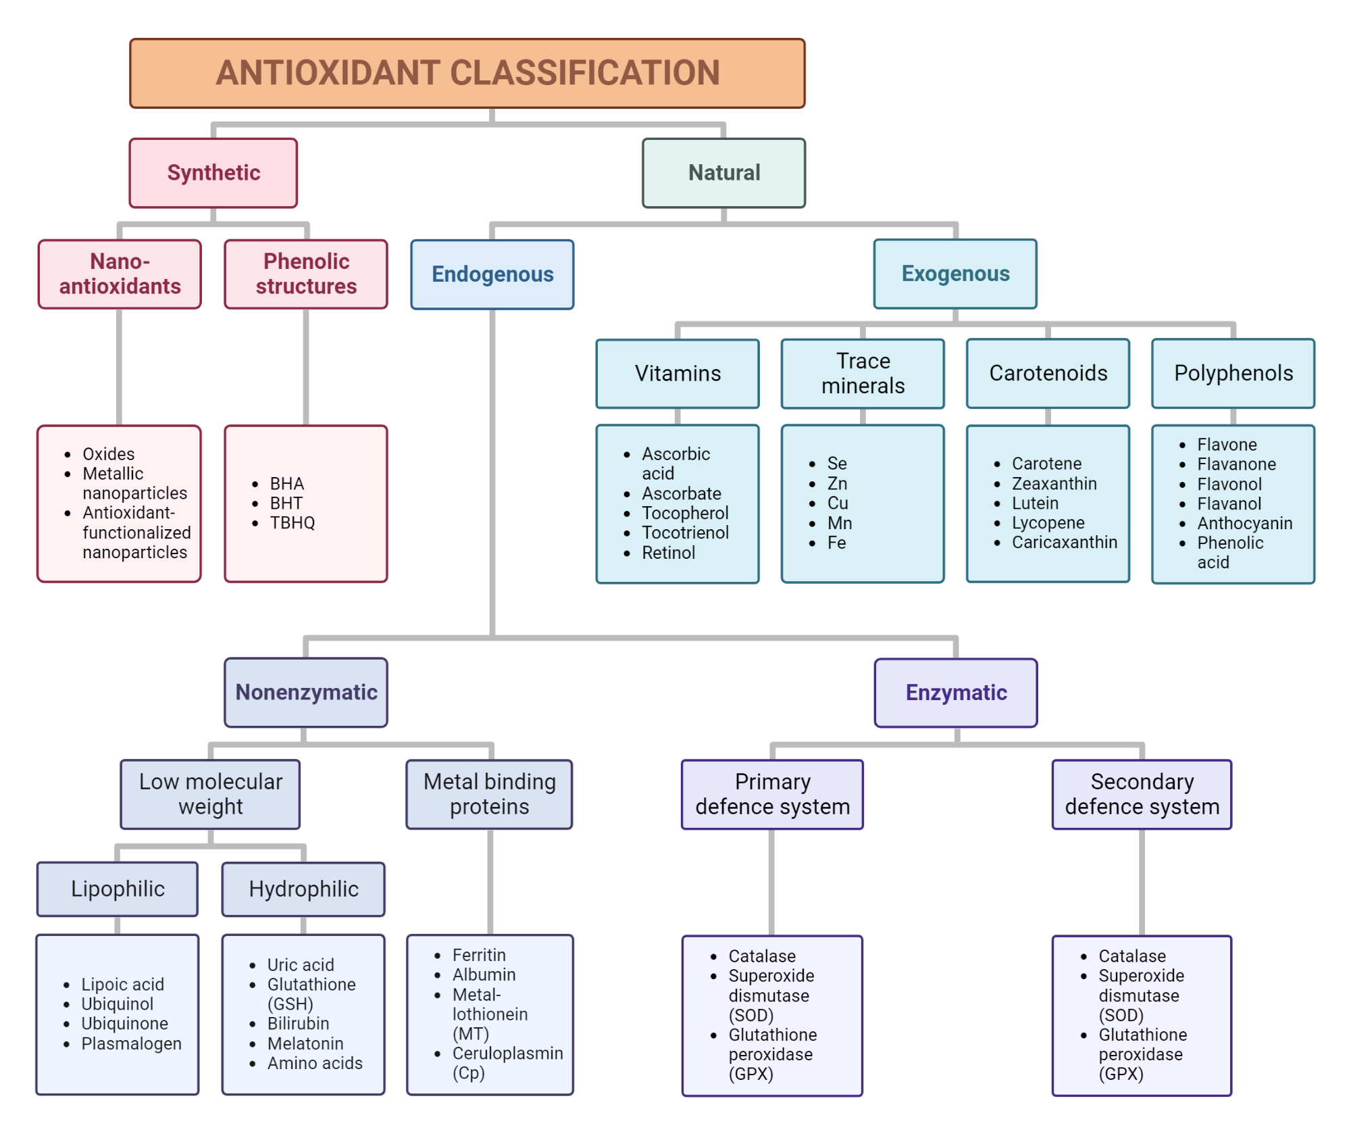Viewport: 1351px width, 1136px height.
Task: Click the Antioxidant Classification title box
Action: pos(467,73)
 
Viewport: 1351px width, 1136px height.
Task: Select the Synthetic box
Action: pos(213,173)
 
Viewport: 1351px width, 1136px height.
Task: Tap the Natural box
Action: pos(723,173)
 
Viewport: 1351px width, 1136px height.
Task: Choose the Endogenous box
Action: pos(492,274)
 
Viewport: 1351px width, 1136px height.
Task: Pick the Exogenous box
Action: pos(955,274)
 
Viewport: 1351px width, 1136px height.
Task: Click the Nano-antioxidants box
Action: pos(120,274)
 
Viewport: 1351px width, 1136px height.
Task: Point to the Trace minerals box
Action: pos(863,374)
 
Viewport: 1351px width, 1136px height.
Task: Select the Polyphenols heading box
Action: pos(1233,373)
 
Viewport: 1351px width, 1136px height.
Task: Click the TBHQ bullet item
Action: pos(292,523)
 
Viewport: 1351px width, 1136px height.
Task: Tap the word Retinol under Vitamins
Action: pos(668,553)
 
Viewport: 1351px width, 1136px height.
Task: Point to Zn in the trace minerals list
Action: pos(837,483)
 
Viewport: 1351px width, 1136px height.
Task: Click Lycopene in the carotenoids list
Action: pos(1048,523)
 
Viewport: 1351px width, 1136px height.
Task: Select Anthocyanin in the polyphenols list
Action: pos(1244,523)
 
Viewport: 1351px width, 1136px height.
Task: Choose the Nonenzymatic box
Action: pos(306,693)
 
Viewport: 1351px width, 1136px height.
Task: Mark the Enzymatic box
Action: pos(956,693)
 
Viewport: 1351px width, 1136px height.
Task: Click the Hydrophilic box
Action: pos(303,889)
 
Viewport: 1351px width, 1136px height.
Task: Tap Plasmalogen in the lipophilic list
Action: pos(131,1044)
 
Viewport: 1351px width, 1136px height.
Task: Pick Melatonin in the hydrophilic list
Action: pos(305,1044)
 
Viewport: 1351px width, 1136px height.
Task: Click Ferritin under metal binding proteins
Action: pos(479,956)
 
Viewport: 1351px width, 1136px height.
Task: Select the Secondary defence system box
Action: pos(1142,795)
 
